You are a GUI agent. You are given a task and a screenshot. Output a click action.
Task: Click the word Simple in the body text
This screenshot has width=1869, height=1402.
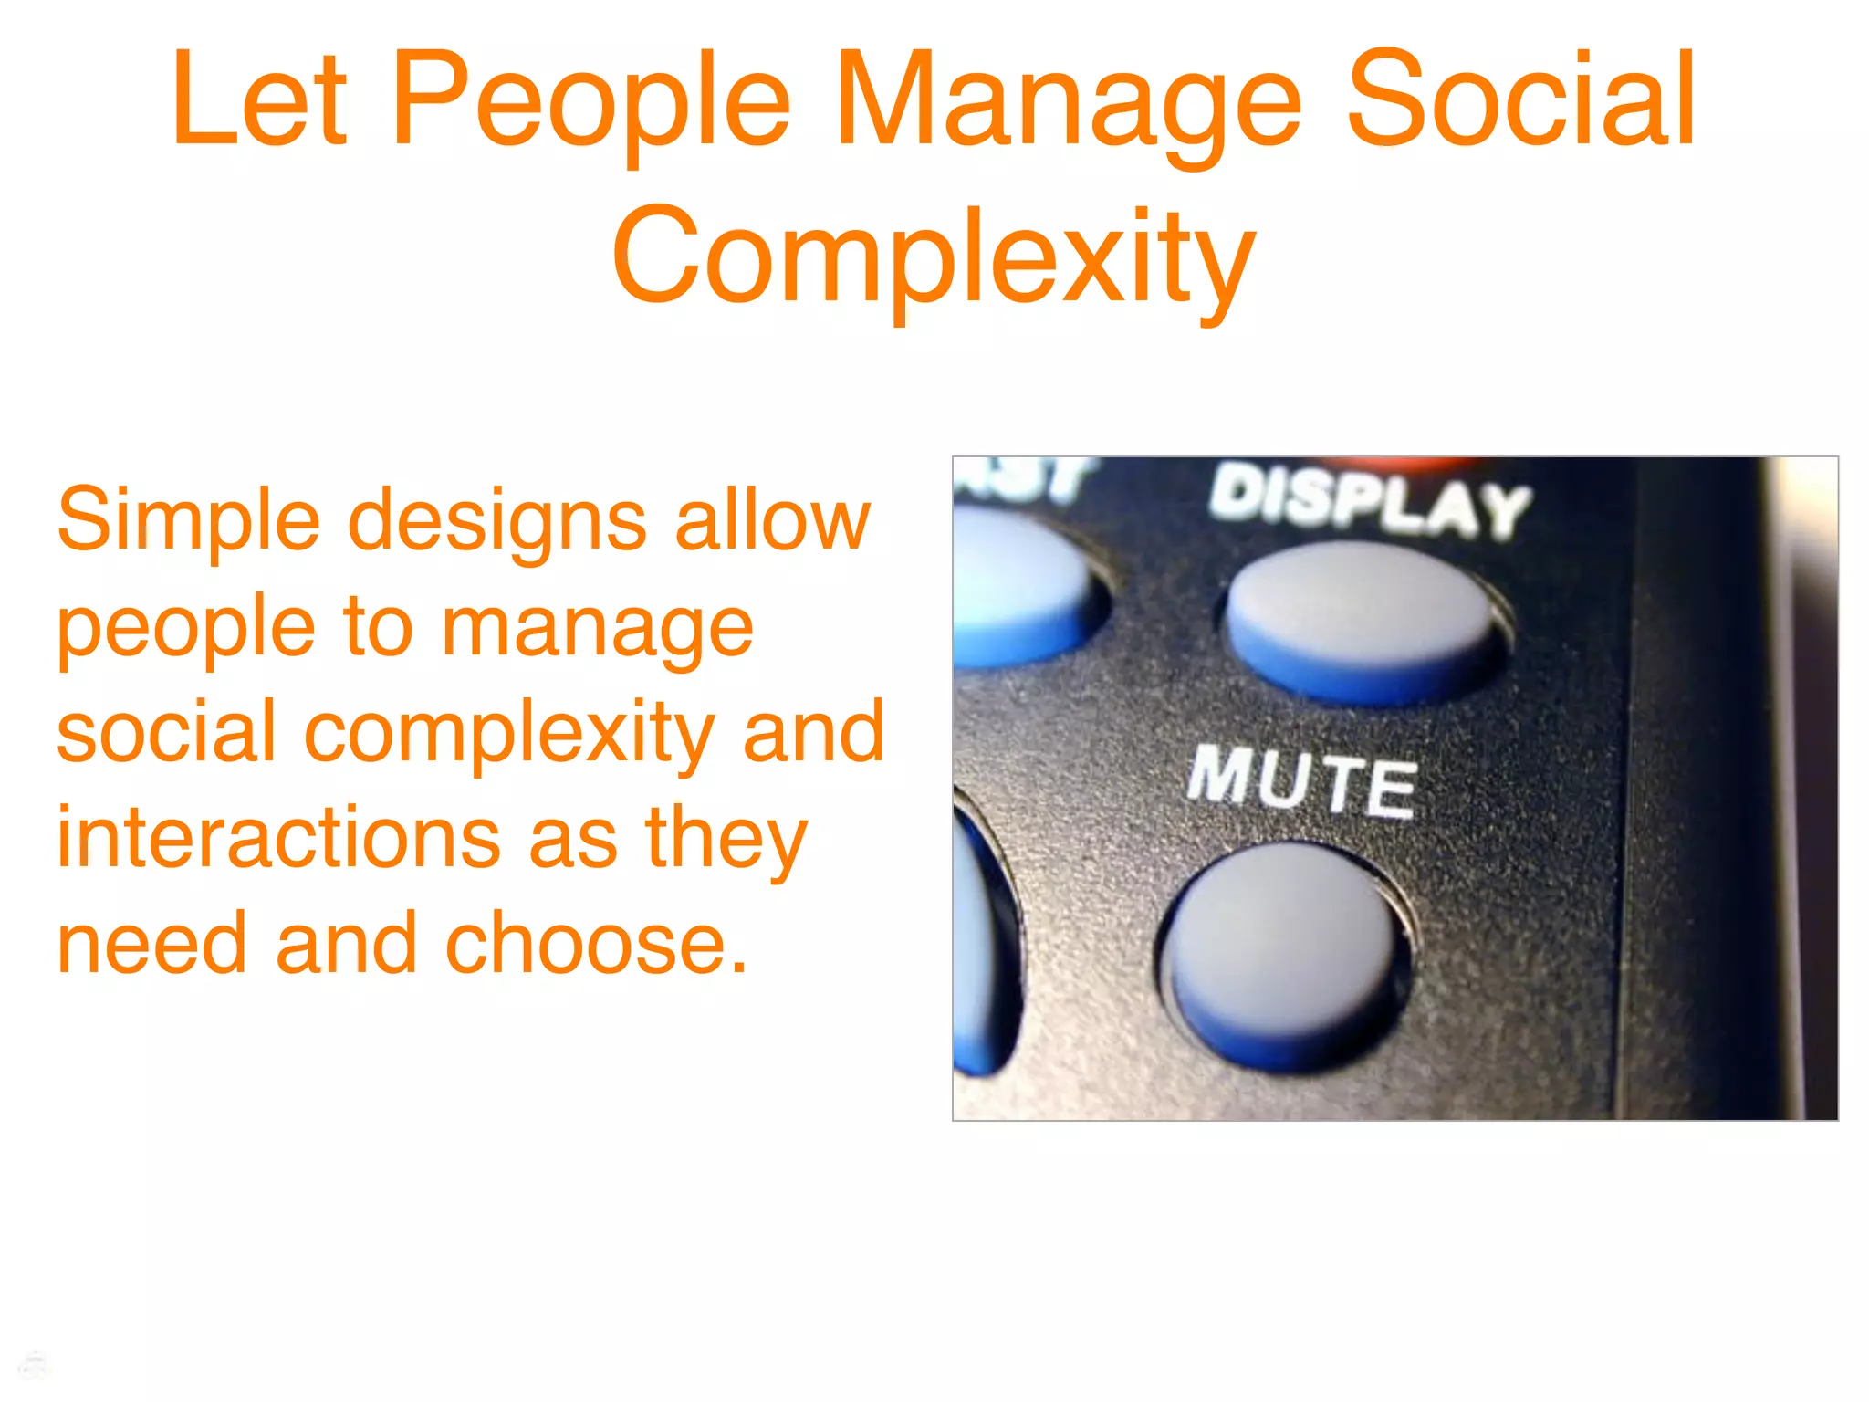pos(188,522)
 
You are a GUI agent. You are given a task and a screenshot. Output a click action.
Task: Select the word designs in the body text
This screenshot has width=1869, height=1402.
pos(497,522)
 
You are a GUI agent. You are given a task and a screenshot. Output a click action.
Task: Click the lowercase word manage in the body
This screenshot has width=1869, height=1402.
pos(598,630)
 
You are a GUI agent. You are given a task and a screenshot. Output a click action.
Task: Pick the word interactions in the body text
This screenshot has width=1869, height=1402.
pos(279,838)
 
